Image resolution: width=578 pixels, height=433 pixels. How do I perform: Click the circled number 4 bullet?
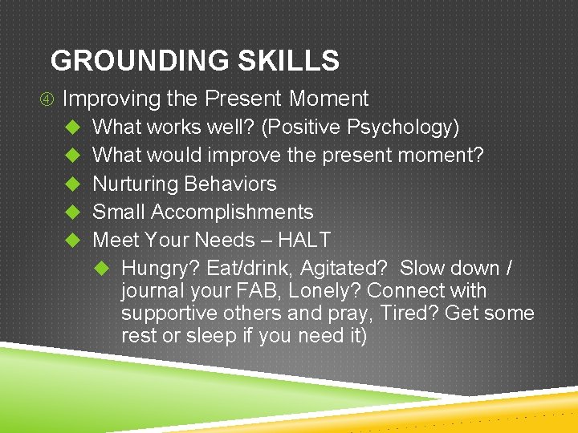point(50,99)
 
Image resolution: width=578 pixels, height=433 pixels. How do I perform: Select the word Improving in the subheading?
point(112,99)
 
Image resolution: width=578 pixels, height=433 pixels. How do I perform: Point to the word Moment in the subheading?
point(328,99)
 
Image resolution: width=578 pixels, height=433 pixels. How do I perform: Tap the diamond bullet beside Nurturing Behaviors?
point(71,184)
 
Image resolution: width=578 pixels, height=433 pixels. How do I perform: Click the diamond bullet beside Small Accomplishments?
point(71,212)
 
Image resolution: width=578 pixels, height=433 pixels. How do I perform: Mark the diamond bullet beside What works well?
point(71,127)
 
